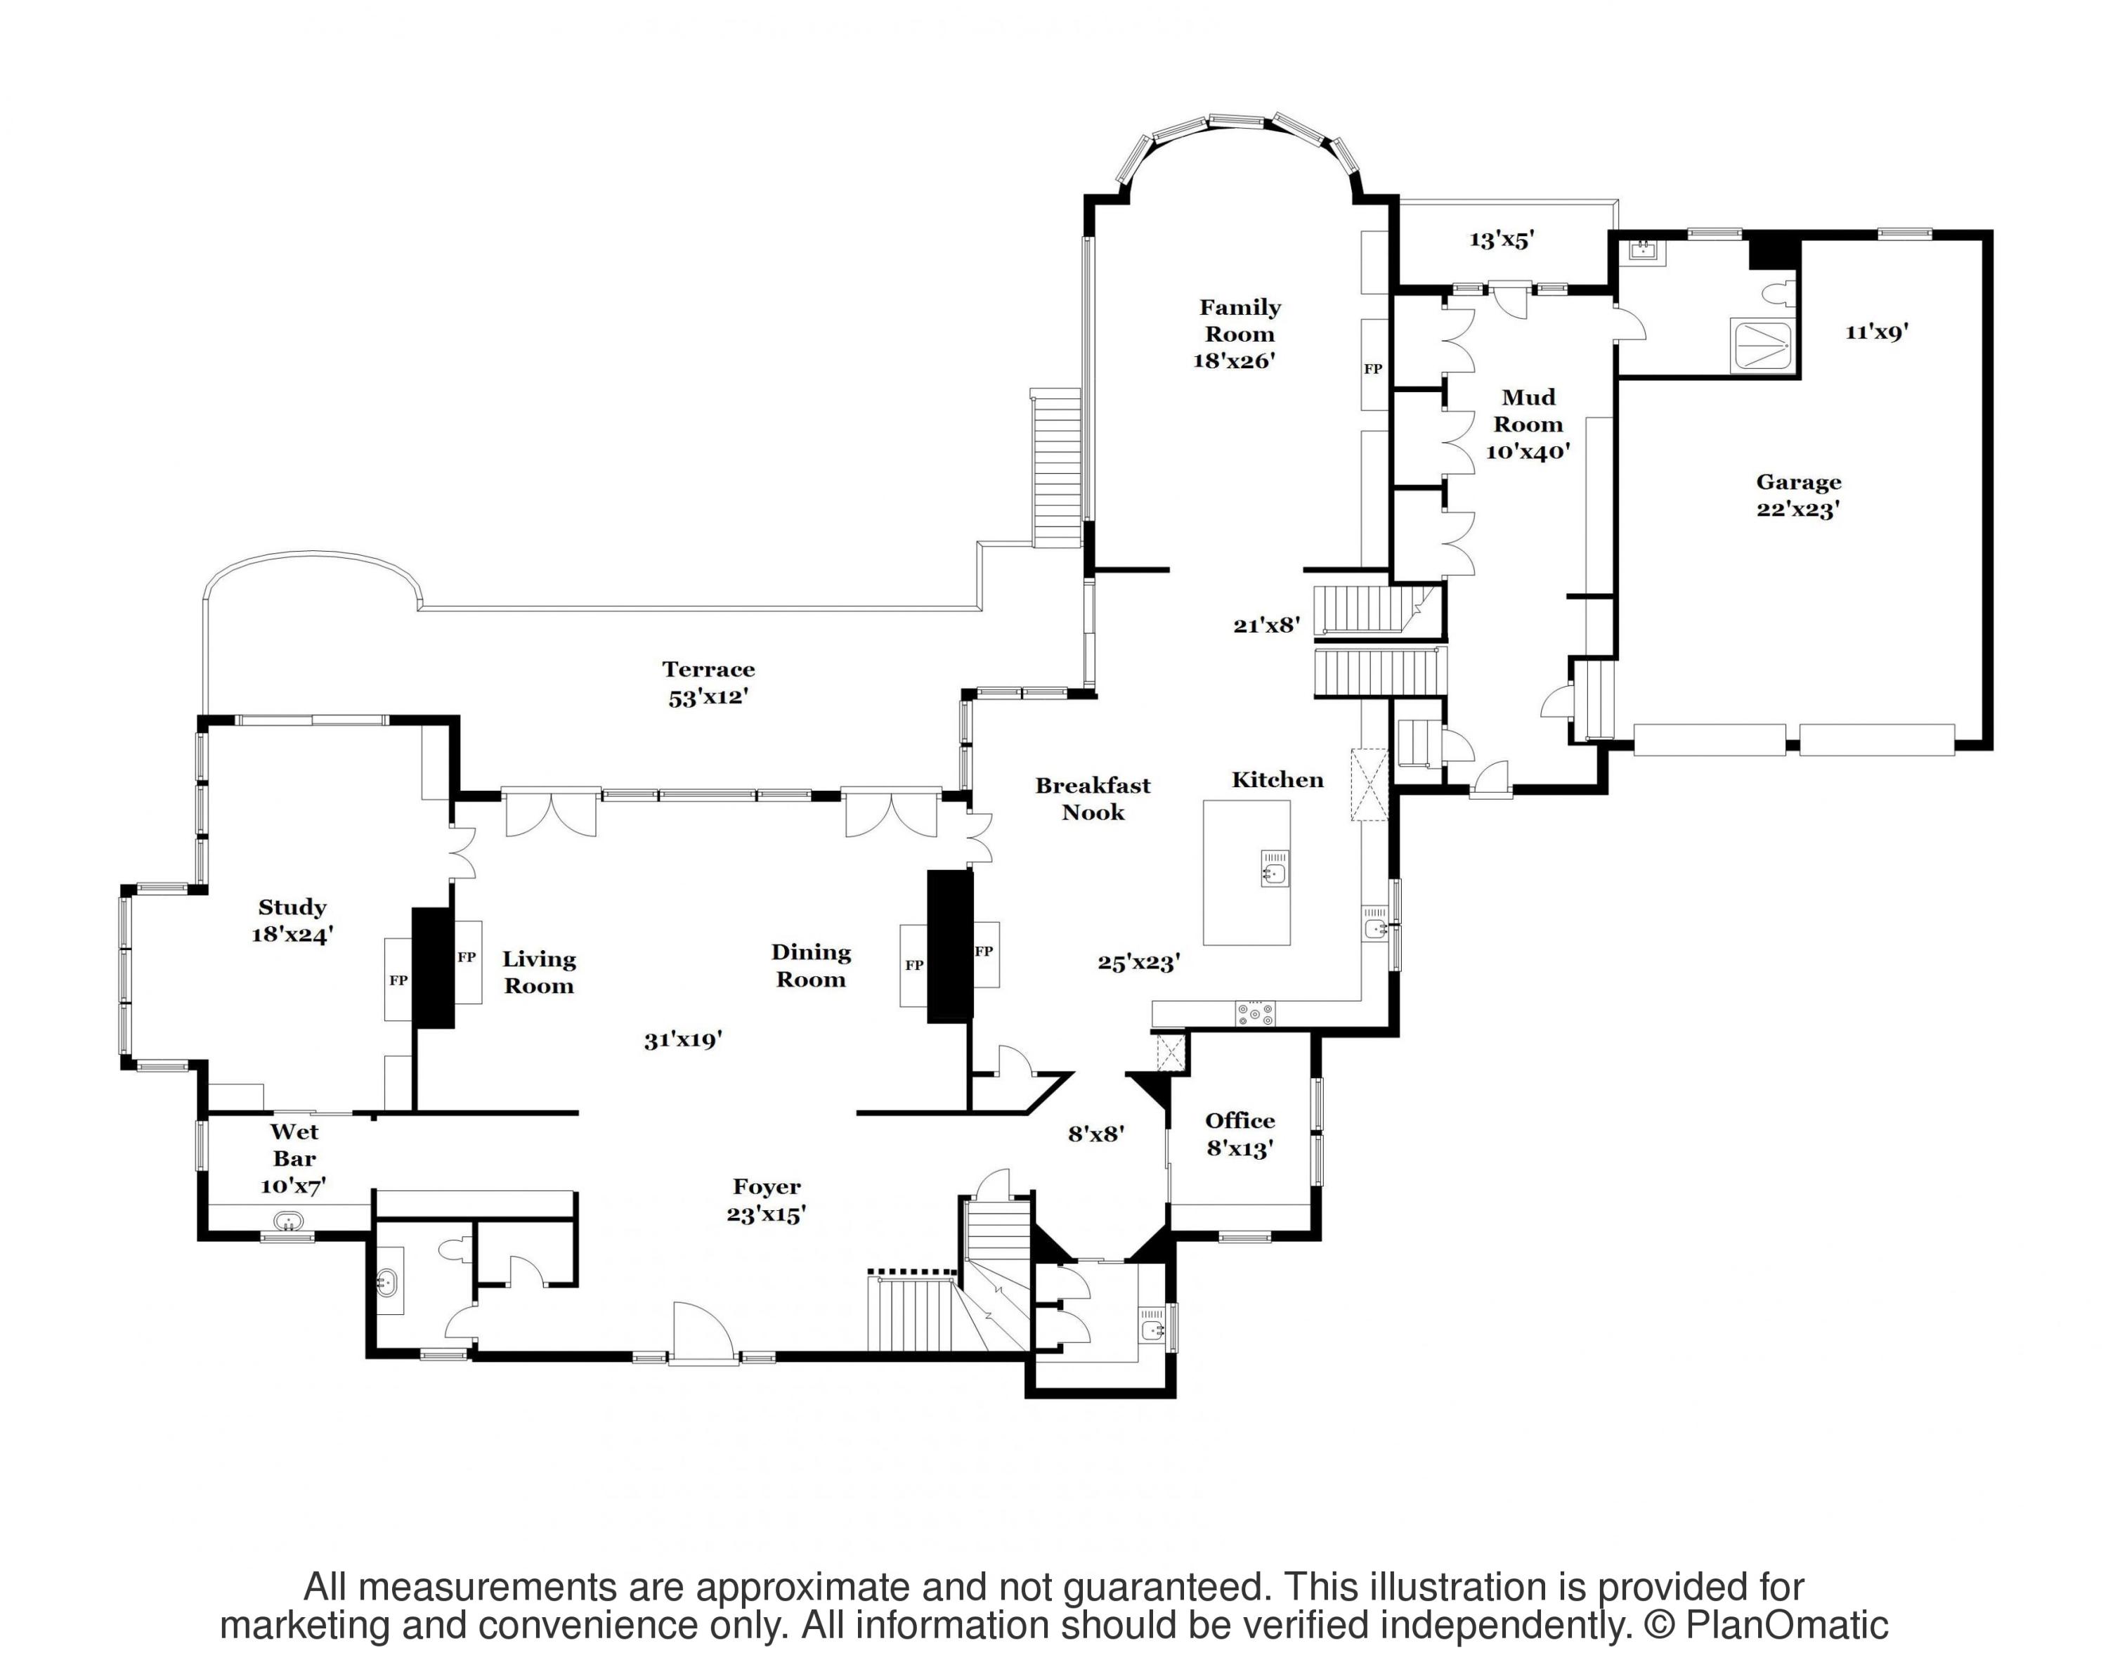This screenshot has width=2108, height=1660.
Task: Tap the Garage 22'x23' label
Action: tap(1798, 495)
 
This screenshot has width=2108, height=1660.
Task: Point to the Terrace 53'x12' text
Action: tap(708, 682)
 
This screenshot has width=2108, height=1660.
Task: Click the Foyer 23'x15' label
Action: tap(767, 1200)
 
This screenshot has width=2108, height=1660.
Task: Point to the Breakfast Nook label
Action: tap(1093, 799)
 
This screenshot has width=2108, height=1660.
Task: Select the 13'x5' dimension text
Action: tap(1502, 239)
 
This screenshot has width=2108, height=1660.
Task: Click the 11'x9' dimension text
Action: tap(1877, 332)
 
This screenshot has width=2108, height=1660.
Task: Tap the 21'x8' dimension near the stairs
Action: tap(1266, 625)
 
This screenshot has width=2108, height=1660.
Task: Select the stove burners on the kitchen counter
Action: tap(1255, 1013)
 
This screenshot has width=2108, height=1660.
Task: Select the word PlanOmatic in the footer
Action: tap(1786, 1625)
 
